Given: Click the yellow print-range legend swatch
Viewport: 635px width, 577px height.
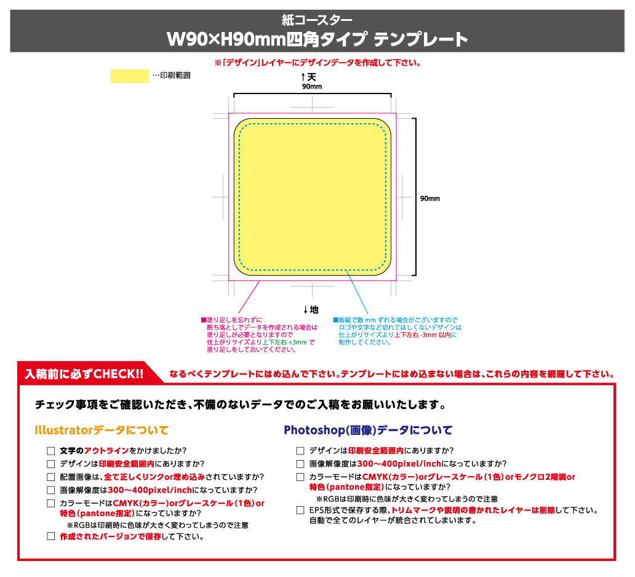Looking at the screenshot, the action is tap(129, 76).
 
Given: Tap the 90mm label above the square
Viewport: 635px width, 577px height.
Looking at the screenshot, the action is tap(312, 87).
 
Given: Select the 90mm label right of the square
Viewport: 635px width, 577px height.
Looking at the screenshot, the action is tap(429, 199).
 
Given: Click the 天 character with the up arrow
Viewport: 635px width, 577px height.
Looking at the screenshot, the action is tap(311, 77).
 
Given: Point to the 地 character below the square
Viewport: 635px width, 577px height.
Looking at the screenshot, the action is tap(314, 310).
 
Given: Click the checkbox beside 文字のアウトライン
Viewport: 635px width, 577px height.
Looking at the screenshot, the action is tap(50, 451).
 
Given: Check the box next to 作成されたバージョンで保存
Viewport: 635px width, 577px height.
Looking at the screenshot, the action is tap(50, 536).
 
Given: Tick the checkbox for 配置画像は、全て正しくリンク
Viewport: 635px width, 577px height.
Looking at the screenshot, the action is tap(50, 477).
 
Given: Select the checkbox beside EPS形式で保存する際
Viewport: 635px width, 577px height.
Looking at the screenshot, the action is tap(300, 511).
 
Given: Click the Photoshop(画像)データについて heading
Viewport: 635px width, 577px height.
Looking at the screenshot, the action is tap(368, 430).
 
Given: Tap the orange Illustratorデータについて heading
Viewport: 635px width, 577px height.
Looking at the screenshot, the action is tap(102, 430).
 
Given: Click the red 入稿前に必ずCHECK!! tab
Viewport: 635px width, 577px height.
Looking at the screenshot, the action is tap(84, 374).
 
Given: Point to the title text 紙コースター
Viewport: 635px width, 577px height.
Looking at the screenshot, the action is tap(317, 20).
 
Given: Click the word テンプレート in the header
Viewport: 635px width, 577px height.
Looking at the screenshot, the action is tap(420, 39).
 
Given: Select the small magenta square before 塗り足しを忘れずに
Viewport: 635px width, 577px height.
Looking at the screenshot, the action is tap(204, 320).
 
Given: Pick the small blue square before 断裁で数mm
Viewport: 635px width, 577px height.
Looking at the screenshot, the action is tap(335, 320).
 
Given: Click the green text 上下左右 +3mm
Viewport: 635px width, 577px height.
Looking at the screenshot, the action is tap(285, 342).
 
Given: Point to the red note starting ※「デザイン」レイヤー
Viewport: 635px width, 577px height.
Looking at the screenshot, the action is tap(317, 63).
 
